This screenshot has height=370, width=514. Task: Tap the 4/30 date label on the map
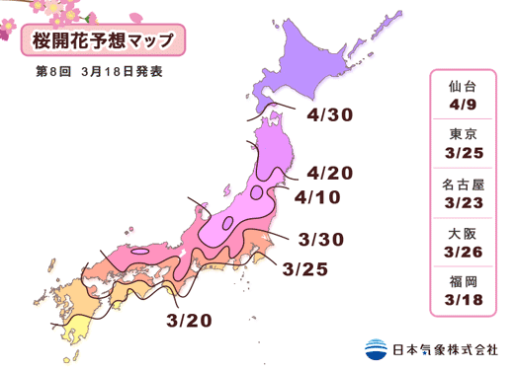(330, 115)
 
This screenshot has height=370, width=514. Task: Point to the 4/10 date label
(318, 198)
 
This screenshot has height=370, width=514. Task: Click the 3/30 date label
(320, 240)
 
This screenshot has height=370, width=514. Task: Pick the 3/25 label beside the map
(305, 267)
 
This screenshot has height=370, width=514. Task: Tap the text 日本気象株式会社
(446, 349)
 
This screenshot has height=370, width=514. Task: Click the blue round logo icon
(377, 348)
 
